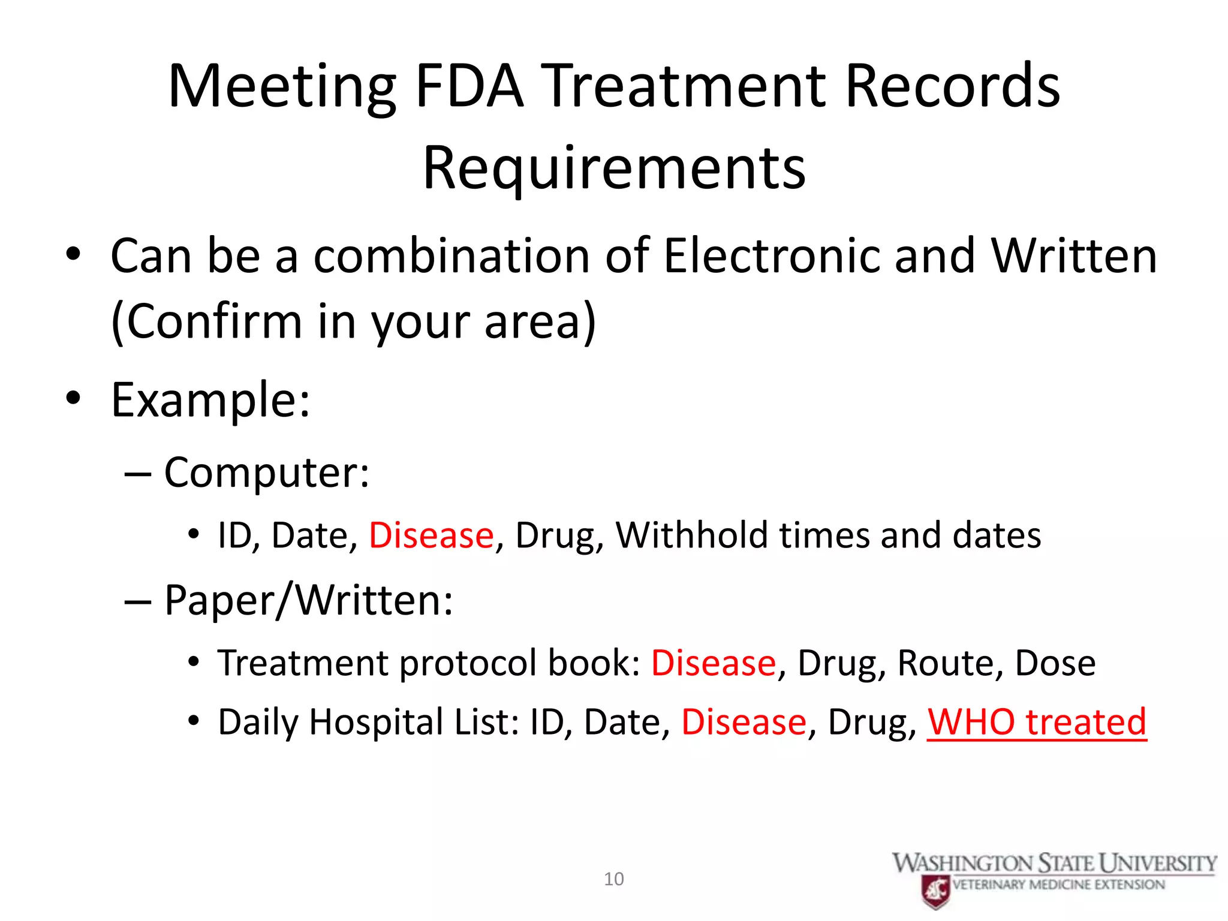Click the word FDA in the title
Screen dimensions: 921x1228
[x=469, y=87]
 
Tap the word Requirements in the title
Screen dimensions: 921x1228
[x=614, y=169]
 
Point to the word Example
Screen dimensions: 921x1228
[x=210, y=400]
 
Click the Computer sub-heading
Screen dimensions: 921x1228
[x=267, y=472]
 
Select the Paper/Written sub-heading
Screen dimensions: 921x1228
[x=308, y=600]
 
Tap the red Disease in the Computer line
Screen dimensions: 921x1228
[x=431, y=535]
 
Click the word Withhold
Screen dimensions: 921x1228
[x=692, y=535]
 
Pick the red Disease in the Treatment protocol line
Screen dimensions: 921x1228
[x=714, y=663]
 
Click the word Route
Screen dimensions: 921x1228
[x=945, y=663]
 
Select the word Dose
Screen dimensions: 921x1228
[x=1055, y=663]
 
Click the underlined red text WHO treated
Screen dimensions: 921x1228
[x=1037, y=722]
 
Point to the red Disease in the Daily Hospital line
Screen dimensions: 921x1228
[x=744, y=722]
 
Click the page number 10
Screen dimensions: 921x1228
[x=613, y=879]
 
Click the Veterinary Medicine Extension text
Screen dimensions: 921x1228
[x=1058, y=885]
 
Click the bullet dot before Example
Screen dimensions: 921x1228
[x=73, y=398]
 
